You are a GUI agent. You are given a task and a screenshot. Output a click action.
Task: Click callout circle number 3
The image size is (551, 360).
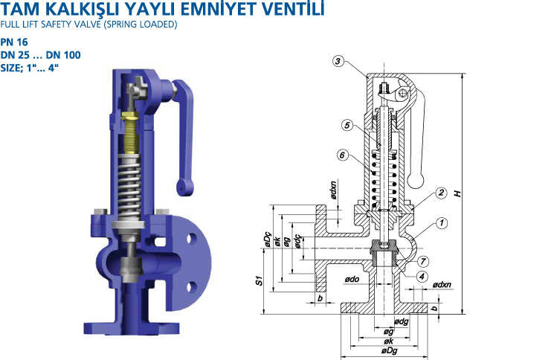tap(338, 62)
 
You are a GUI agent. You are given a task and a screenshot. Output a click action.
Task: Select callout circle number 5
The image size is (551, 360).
tap(347, 125)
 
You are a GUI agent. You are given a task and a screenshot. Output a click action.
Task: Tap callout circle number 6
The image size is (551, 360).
tap(343, 155)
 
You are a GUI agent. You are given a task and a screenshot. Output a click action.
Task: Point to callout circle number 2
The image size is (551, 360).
tap(441, 193)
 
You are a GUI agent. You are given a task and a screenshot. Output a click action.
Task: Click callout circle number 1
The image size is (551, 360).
tap(442, 223)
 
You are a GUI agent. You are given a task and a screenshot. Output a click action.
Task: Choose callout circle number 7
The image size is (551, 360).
tap(423, 261)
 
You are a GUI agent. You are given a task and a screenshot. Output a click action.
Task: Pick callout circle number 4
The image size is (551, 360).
tap(422, 277)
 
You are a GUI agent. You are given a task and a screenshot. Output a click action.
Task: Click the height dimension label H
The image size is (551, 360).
tap(457, 193)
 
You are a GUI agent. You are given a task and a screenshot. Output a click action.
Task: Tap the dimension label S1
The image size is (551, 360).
tap(259, 280)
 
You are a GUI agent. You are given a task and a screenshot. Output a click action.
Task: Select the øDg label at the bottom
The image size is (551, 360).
tap(389, 351)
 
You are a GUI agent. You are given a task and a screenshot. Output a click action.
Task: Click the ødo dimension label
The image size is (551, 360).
tap(352, 279)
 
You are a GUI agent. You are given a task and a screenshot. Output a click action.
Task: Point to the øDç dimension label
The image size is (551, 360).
tap(268, 239)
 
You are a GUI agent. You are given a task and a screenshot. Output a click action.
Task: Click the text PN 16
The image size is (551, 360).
tap(14, 42)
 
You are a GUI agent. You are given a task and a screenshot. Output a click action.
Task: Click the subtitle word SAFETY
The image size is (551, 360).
tap(57, 25)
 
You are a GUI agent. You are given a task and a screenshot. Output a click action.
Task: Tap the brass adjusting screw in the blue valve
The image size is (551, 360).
tap(130, 133)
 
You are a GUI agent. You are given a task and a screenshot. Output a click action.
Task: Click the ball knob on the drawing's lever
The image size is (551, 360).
tap(416, 181)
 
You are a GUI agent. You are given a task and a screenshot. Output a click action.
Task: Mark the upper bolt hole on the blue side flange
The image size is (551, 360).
tap(191, 239)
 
